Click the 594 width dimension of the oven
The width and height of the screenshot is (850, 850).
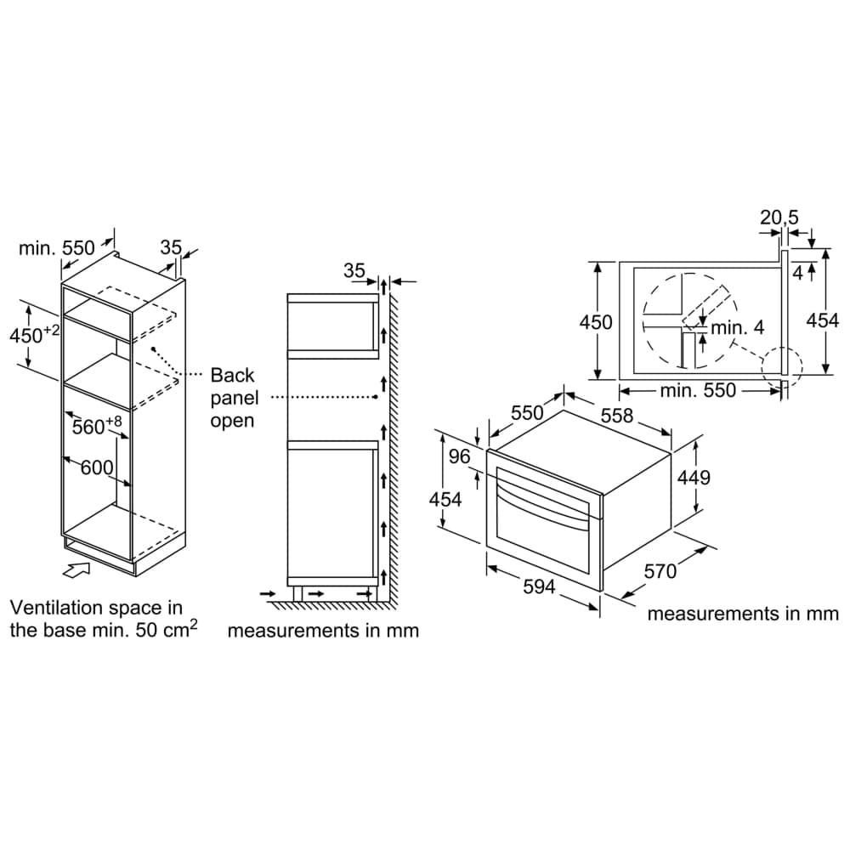pos(538,586)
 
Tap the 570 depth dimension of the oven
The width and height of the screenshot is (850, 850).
pos(660,571)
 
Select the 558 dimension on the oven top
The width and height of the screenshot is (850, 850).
pos(616,415)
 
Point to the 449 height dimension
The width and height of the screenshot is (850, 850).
pos(693,477)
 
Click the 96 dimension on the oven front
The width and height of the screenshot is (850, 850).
pos(459,456)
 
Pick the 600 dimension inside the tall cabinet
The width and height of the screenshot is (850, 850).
pos(97,467)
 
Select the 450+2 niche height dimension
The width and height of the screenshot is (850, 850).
pos(34,334)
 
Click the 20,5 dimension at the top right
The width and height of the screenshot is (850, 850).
pos(779,218)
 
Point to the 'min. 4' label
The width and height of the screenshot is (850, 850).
pos(737,327)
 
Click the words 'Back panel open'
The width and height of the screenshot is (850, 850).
pos(232,397)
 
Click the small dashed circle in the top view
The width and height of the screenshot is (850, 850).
pos(781,371)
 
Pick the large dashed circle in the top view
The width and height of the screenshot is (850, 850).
pos(688,320)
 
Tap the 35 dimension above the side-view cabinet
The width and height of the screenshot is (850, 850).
pos(354,271)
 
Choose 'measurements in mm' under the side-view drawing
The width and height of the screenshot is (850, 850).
pos(323,631)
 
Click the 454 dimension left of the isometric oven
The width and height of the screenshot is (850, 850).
pos(445,499)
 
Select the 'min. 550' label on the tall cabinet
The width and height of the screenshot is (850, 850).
pos(57,248)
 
